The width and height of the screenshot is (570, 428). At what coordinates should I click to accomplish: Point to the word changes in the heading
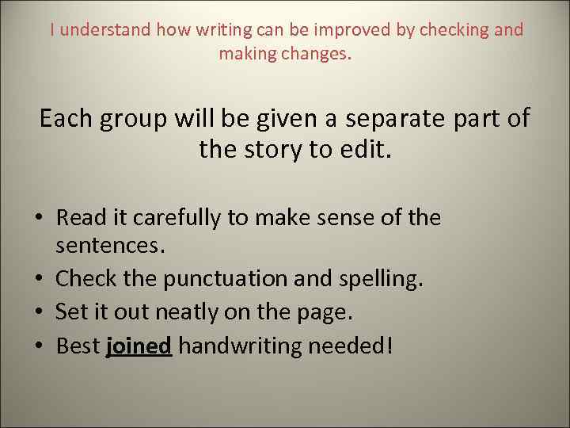click(x=315, y=54)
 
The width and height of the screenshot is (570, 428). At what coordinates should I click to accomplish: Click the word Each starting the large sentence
click(x=66, y=119)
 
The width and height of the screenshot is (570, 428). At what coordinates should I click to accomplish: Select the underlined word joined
click(x=139, y=346)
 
